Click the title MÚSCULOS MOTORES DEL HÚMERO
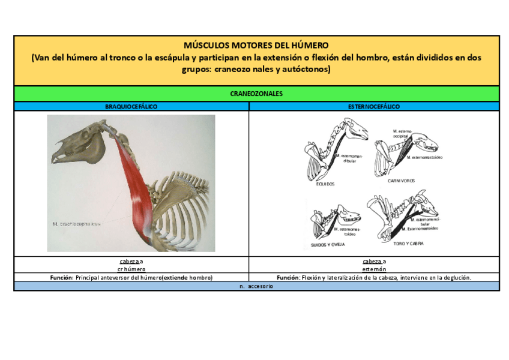(256, 45)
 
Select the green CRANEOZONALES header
(256, 94)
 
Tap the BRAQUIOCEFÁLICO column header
(131, 106)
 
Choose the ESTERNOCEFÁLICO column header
(374, 106)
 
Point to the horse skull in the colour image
(75, 147)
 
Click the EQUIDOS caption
(325, 184)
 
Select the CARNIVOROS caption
(401, 180)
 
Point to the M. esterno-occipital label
(402, 133)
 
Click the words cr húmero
(131, 269)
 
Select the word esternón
(374, 269)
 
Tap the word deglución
(456, 278)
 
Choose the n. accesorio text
(256, 286)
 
